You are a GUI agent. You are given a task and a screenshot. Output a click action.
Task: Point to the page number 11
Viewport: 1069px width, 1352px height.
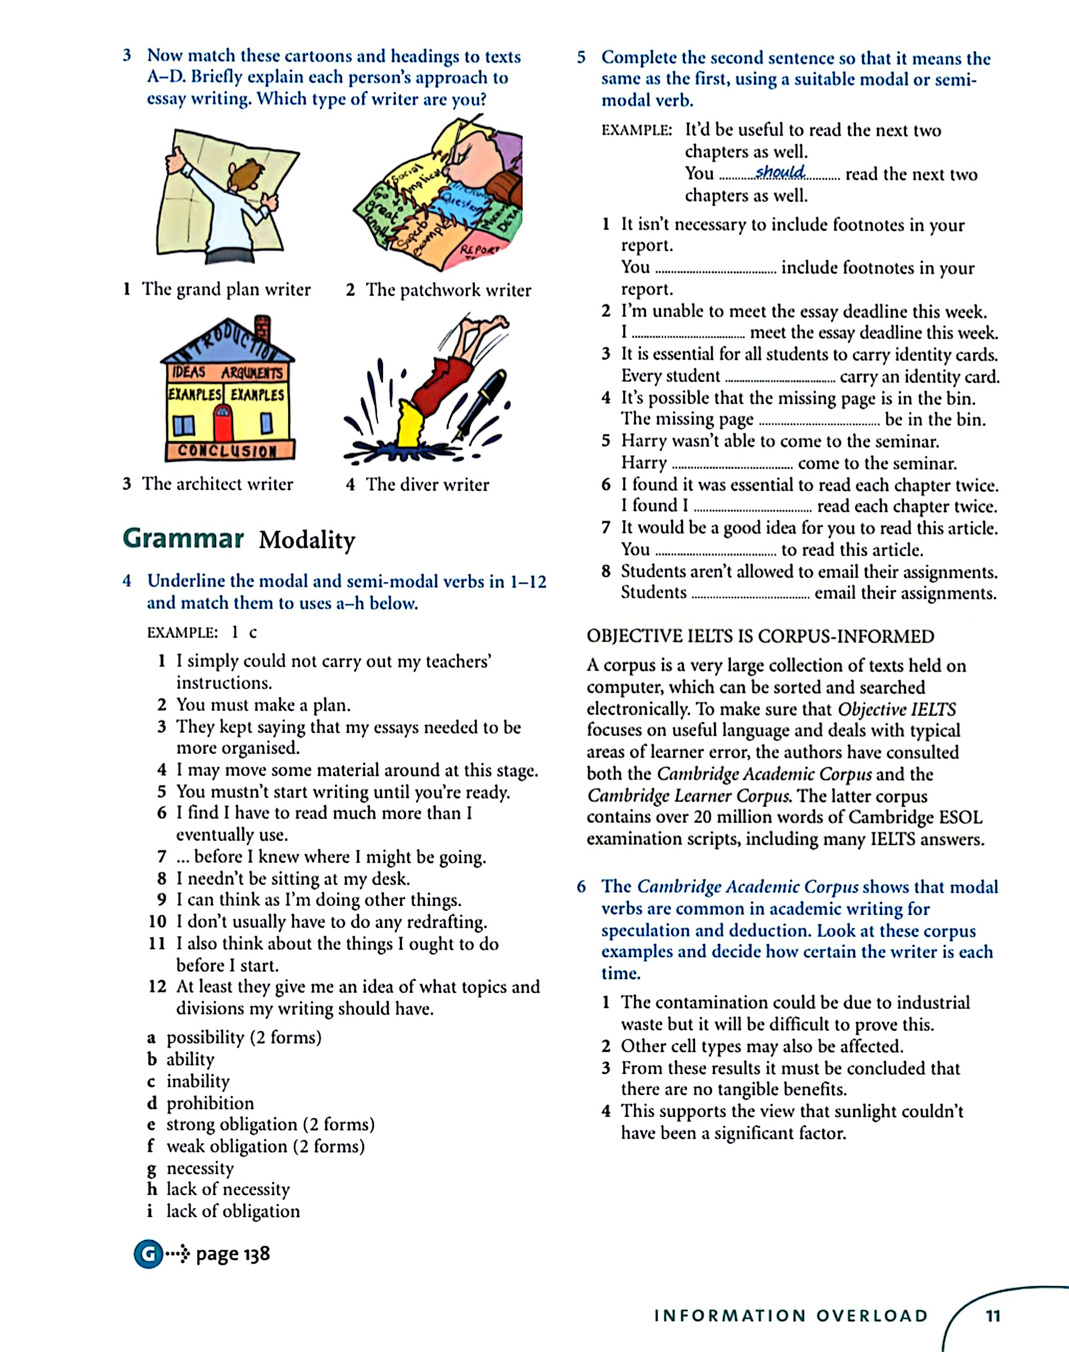(993, 1315)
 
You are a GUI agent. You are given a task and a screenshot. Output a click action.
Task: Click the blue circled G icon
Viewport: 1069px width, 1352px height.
(148, 1254)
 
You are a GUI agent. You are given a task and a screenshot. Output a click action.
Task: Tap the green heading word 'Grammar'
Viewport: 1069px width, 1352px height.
(183, 539)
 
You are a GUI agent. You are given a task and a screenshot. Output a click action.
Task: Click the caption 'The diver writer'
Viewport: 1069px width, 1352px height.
(427, 484)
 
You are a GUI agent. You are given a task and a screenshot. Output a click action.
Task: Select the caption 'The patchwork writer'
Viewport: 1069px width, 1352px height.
(448, 290)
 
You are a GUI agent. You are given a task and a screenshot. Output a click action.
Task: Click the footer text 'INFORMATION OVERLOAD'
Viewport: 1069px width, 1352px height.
(791, 1315)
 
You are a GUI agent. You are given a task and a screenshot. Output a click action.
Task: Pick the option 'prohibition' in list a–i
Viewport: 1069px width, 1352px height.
(209, 1103)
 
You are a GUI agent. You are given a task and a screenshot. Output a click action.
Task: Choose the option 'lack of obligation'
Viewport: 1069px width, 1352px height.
(233, 1211)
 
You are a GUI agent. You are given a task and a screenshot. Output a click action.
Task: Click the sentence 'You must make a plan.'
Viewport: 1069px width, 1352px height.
(263, 705)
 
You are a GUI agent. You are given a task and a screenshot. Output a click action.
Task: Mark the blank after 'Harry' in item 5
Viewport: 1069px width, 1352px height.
(732, 465)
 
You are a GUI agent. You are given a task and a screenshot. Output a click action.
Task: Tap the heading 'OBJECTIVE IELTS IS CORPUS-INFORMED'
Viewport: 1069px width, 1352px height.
(760, 636)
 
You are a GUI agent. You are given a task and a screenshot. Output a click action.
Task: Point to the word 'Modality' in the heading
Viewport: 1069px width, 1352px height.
(307, 540)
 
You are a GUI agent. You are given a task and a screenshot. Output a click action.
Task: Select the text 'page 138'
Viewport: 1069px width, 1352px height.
(233, 1254)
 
